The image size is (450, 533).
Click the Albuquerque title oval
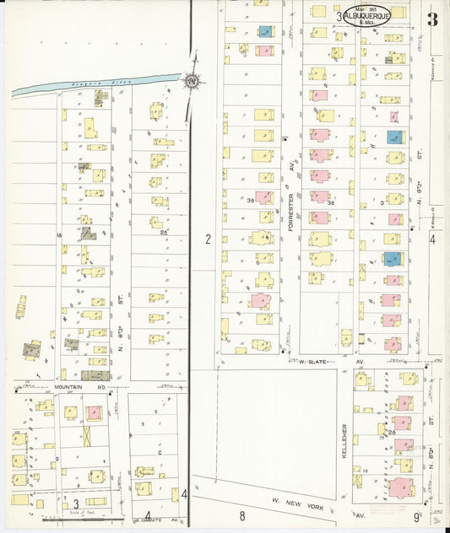[371, 15]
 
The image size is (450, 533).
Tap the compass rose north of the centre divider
[192, 81]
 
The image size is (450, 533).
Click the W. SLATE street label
[313, 362]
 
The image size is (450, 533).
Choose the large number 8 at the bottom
[241, 515]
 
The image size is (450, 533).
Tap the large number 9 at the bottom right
[417, 515]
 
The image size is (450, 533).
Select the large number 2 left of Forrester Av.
[207, 240]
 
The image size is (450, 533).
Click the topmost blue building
[265, 31]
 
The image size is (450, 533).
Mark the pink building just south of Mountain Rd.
[93, 412]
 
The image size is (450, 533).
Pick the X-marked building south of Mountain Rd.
[88, 437]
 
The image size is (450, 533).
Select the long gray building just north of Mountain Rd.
[95, 374]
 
